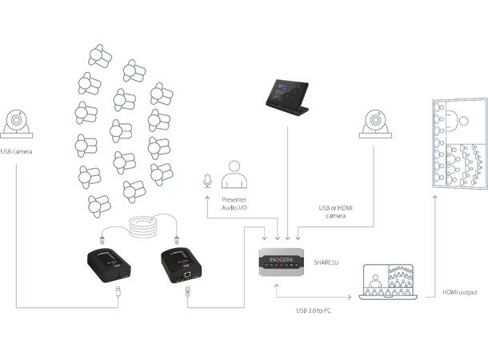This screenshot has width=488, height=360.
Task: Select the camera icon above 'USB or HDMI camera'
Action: [374, 125]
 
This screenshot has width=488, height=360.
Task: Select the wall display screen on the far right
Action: [460, 144]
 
